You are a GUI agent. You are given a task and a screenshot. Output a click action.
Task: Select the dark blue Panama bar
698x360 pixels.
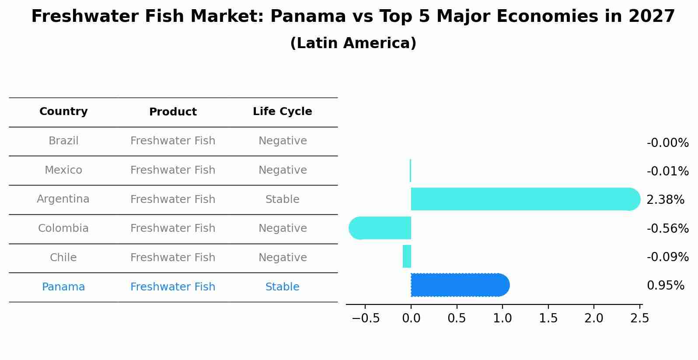[459, 285]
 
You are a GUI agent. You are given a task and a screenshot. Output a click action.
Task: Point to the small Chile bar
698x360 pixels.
[407, 256]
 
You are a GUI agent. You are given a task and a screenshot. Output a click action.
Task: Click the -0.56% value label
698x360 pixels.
[667, 228]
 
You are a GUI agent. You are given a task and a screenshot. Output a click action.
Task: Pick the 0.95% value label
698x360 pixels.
[665, 286]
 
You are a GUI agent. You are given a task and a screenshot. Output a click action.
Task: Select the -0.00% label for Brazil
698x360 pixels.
[667, 143]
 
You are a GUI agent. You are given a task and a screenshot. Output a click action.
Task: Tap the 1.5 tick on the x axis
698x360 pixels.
[548, 318]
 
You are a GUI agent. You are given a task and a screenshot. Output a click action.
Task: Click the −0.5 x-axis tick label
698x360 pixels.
[366, 318]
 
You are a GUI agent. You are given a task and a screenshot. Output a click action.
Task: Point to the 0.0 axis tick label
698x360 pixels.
[411, 318]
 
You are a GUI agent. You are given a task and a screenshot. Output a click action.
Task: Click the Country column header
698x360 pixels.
[63, 112]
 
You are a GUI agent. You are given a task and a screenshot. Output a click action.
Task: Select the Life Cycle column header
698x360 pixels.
[282, 112]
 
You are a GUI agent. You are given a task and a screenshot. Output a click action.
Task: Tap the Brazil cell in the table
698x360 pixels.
[63, 141]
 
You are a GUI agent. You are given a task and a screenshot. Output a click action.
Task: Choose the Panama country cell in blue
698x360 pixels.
[63, 287]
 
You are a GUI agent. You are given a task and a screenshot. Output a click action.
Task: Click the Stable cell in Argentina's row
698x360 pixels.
[282, 199]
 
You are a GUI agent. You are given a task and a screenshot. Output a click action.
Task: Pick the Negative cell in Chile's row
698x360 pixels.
[282, 258]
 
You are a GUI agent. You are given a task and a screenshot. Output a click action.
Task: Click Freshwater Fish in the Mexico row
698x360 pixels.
[173, 170]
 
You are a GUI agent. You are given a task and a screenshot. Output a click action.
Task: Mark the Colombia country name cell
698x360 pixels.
[63, 228]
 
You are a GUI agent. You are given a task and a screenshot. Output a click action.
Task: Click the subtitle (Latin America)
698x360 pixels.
[353, 43]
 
